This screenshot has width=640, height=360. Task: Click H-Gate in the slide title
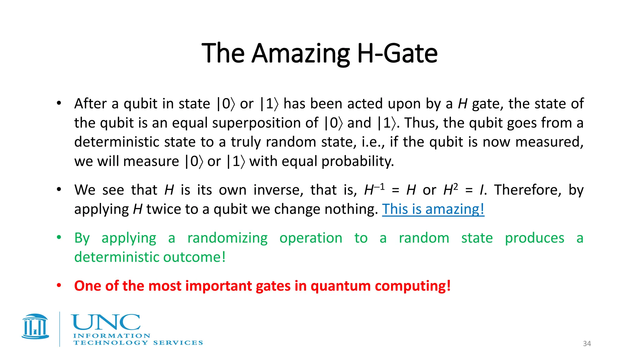(397, 54)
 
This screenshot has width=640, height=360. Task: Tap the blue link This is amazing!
(433, 209)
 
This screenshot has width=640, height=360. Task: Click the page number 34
(587, 344)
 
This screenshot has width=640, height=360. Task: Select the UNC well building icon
(35, 327)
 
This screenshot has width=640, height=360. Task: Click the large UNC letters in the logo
(106, 322)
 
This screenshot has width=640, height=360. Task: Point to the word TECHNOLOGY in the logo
(111, 343)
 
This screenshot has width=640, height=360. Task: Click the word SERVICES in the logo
(178, 343)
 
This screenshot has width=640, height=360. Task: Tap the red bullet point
(59, 285)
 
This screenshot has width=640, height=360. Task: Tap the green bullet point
(59, 237)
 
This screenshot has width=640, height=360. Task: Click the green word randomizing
(227, 238)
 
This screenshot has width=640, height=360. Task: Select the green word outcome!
(194, 257)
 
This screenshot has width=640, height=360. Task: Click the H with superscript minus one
(374, 189)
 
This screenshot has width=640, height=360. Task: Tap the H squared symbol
(450, 189)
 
